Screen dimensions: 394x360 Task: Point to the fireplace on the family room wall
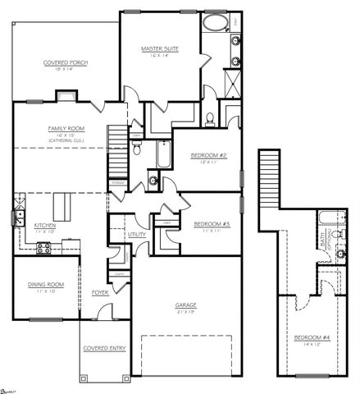coord(66,94)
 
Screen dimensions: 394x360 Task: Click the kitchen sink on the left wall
coord(17,218)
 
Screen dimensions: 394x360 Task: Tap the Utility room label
coord(136,234)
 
